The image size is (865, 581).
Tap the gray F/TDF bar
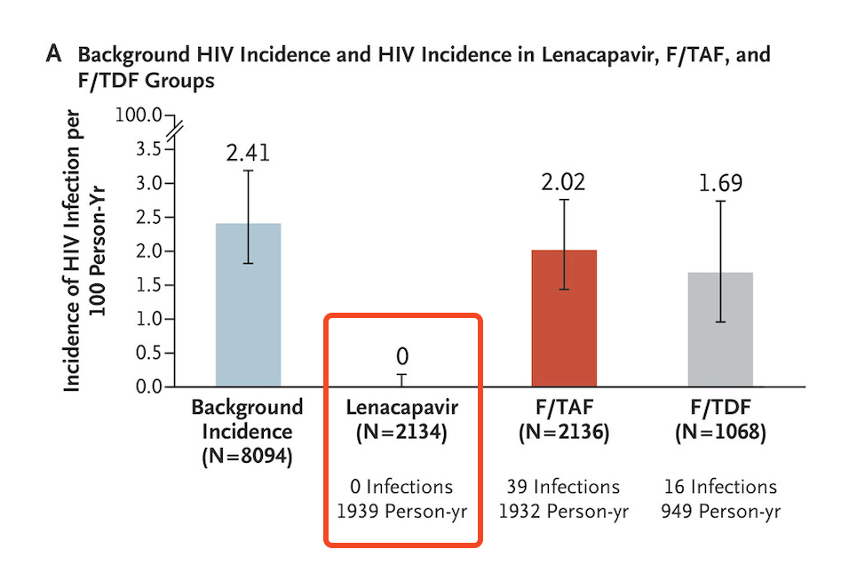[x=720, y=329]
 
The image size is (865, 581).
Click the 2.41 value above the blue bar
[x=248, y=152]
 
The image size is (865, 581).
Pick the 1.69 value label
[x=720, y=184]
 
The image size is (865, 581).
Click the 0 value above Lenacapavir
[x=402, y=357]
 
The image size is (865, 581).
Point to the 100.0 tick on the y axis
[x=140, y=115]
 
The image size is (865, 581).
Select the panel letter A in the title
[x=54, y=54]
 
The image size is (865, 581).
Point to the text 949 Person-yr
[x=720, y=512]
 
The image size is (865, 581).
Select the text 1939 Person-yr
[x=401, y=512]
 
